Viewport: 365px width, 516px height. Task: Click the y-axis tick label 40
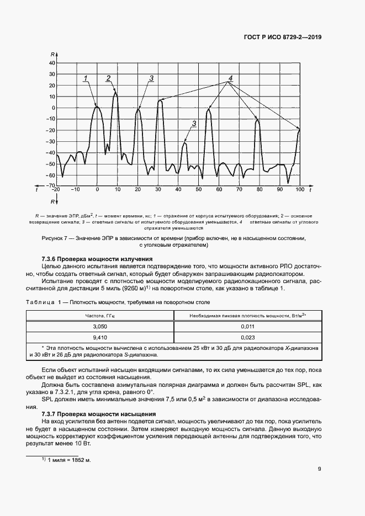(52, 63)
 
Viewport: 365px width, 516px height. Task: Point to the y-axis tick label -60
(51, 175)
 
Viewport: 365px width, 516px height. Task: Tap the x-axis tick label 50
(198, 189)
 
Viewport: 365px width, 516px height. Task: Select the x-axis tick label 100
(299, 189)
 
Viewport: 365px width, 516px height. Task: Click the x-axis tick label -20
(55, 189)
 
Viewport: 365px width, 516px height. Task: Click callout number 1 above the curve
(86, 78)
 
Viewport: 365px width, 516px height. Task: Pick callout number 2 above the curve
(108, 77)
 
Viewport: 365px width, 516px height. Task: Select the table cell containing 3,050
(99, 327)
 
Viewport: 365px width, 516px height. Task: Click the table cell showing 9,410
(99, 338)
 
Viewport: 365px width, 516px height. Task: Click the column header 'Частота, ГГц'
(99, 315)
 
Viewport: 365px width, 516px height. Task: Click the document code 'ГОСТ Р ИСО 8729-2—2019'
(283, 38)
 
